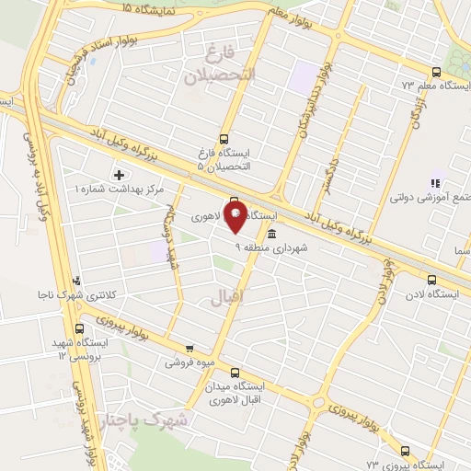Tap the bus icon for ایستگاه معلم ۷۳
(436, 72)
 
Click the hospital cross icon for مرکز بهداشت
(118, 174)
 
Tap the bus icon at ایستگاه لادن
(431, 281)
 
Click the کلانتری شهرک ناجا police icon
(76, 281)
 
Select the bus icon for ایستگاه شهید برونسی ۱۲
(78, 327)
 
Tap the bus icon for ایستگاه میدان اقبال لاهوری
(235, 373)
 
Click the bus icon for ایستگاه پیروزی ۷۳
(406, 450)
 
